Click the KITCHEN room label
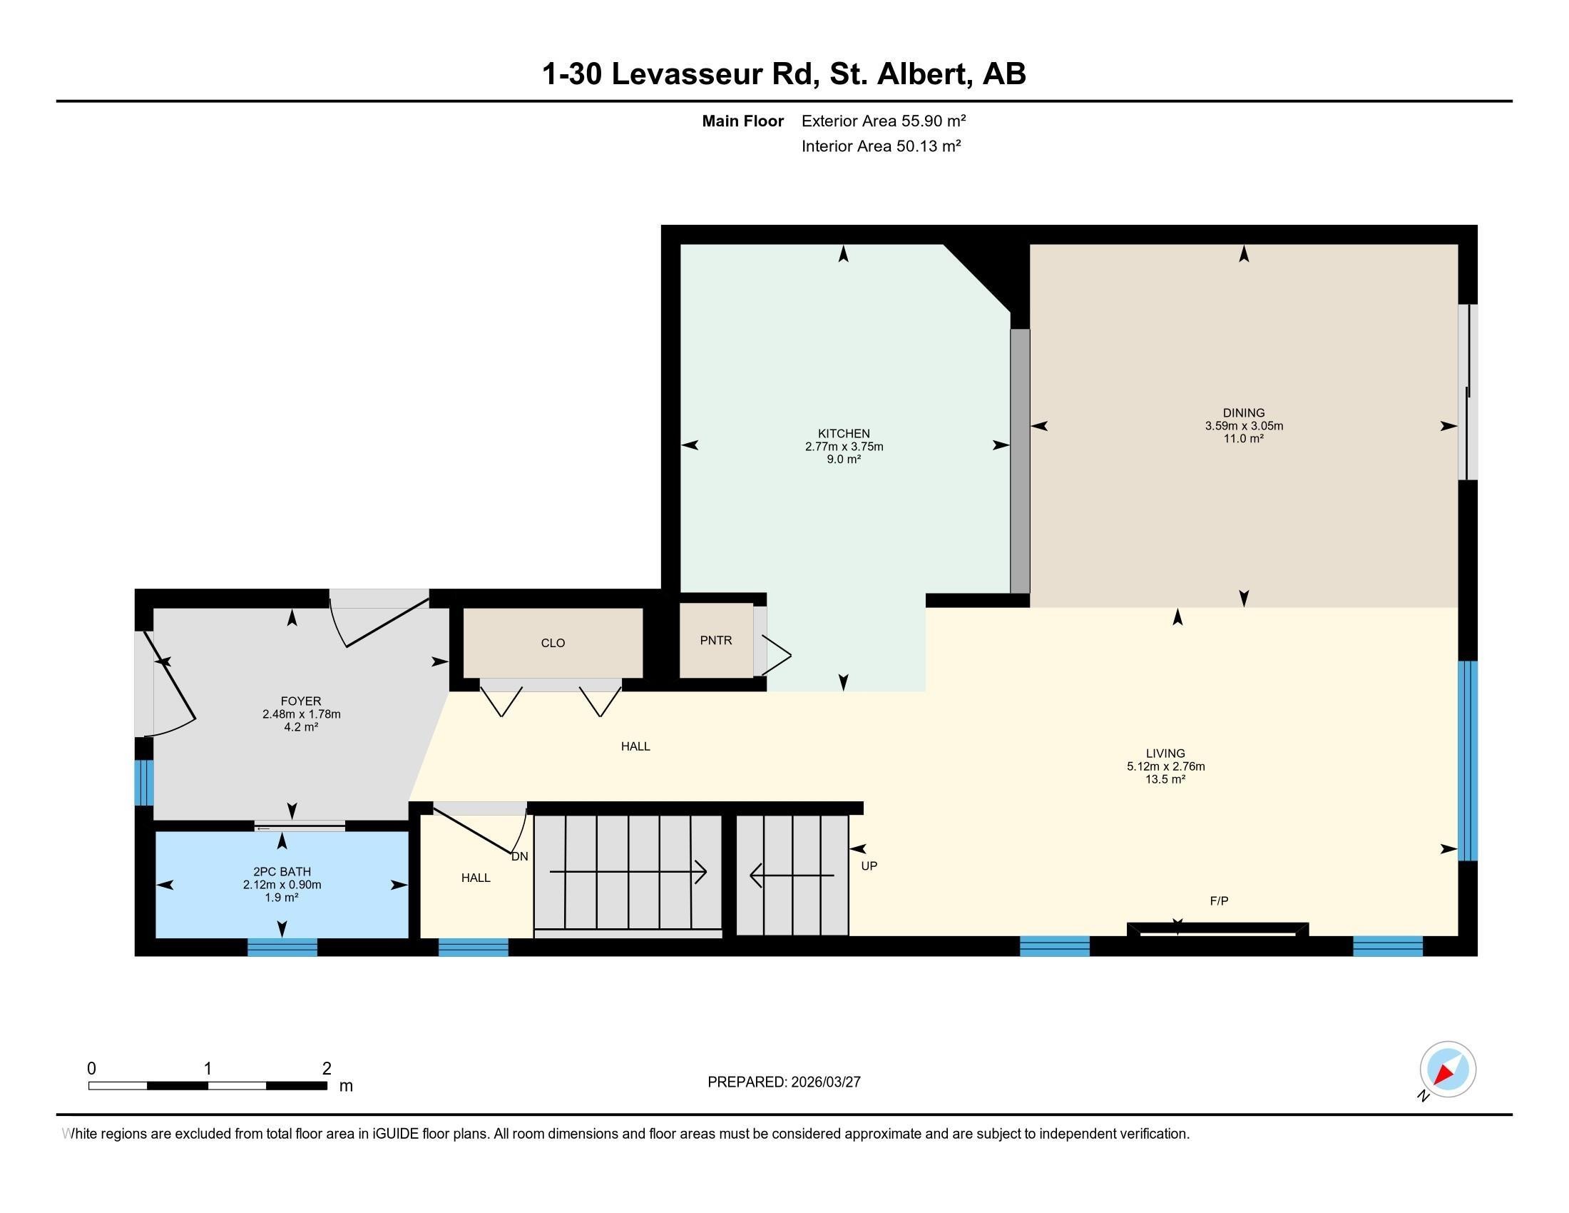[x=844, y=433]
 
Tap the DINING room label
[x=1244, y=412]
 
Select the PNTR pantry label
[x=715, y=640]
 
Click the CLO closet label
[x=553, y=643]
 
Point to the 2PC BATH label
[x=282, y=872]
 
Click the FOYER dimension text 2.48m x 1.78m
[x=301, y=714]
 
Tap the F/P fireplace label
[x=1218, y=901]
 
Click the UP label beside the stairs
[x=869, y=866]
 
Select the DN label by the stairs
[x=519, y=856]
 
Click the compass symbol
[x=1447, y=1070]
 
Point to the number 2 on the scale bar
[x=326, y=1069]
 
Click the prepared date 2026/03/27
[x=824, y=1082]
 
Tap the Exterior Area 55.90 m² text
[x=883, y=121]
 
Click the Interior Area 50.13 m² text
[x=881, y=146]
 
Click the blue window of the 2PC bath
[x=282, y=947]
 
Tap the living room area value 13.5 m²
[x=1165, y=779]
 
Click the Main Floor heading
[x=742, y=121]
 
